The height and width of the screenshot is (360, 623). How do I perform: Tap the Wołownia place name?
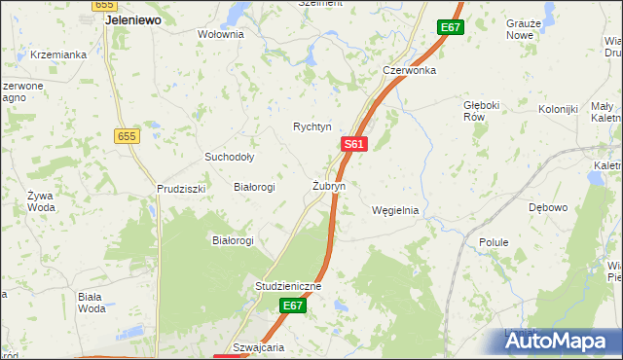pos(220,34)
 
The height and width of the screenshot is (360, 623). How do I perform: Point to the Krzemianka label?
pos(58,54)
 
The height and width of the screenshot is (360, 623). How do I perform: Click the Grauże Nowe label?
pos(520,28)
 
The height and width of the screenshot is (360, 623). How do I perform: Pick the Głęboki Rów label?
pos(481,108)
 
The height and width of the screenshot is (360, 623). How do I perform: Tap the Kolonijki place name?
pos(558,109)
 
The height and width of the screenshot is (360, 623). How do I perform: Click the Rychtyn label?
pos(312,126)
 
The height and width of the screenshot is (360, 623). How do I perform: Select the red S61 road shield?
pos(353,144)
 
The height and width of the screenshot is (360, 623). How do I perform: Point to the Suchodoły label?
pos(229,157)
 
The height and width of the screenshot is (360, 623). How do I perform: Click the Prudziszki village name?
pos(181,189)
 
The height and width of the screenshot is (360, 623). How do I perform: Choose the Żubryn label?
pos(328,185)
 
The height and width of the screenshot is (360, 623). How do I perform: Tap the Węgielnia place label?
pos(395,210)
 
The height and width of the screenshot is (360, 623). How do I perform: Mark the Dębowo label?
pos(547,207)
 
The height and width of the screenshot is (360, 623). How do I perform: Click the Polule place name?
pos(495,241)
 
